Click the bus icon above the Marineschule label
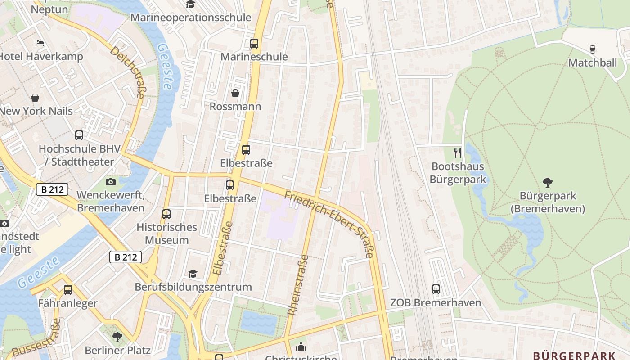pyautogui.click(x=254, y=44)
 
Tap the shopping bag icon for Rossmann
pyautogui.click(x=235, y=93)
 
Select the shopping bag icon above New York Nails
pyautogui.click(x=35, y=98)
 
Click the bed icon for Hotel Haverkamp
pyautogui.click(x=40, y=43)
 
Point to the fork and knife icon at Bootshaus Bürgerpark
pyautogui.click(x=458, y=153)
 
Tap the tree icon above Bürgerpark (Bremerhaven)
pyautogui.click(x=548, y=183)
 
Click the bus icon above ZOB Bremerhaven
pyautogui.click(x=436, y=289)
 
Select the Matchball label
pyautogui.click(x=593, y=63)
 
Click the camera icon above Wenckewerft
pyautogui.click(x=110, y=182)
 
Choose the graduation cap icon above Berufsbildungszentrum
pyautogui.click(x=193, y=274)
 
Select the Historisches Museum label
pyautogui.click(x=166, y=234)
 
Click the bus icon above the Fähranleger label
pyautogui.click(x=68, y=290)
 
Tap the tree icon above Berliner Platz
pyautogui.click(x=117, y=337)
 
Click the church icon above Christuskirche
pyautogui.click(x=301, y=346)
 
